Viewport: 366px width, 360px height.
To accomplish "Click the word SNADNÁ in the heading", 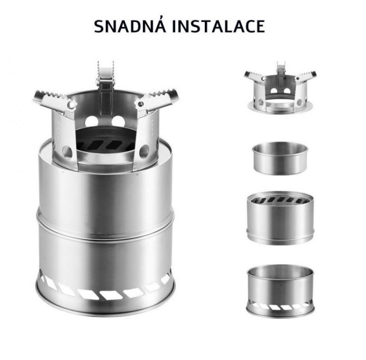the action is click(x=130, y=26).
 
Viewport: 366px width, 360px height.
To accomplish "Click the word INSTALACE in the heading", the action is click(x=218, y=26).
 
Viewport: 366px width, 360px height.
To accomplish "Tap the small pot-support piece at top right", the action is click(x=280, y=89).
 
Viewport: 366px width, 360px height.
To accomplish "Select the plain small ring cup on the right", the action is click(x=280, y=159).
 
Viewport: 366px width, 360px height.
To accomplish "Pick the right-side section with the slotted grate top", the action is click(x=280, y=218).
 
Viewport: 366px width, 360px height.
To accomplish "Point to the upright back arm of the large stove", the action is click(x=106, y=89).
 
